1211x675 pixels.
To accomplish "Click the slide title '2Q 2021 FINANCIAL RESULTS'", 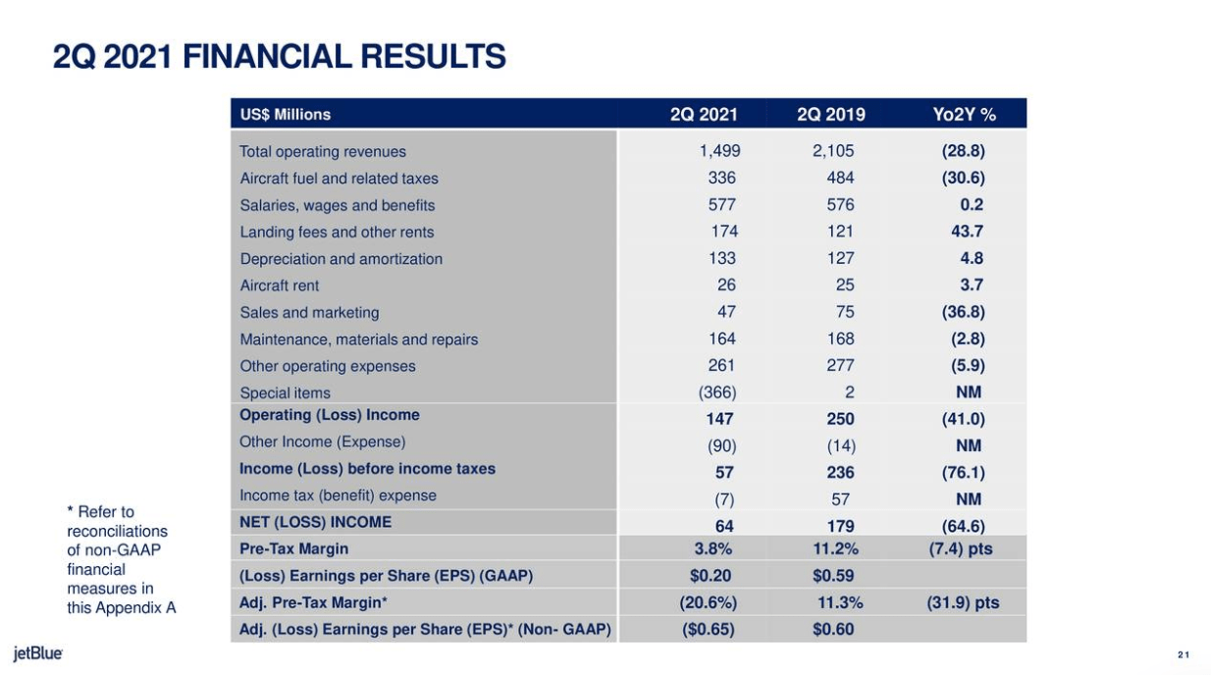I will pos(280,58).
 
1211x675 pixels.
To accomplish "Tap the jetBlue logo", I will pos(38,653).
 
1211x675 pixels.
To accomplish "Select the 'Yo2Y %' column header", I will pos(964,115).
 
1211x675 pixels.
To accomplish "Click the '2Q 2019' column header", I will pos(831,115).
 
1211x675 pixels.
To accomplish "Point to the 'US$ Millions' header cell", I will pos(286,115).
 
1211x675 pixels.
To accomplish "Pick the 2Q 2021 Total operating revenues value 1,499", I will pos(719,152).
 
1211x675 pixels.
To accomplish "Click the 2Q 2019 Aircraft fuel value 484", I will pos(840,179).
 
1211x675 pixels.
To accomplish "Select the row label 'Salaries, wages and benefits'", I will pos(337,206).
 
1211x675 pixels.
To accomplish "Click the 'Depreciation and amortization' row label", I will pos(341,259).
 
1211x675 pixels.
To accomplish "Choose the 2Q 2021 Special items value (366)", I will pos(717,392).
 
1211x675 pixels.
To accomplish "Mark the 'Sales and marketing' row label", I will pos(309,313).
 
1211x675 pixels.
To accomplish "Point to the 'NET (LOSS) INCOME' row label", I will pos(315,522).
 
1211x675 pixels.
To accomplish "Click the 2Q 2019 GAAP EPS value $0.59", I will pos(834,576).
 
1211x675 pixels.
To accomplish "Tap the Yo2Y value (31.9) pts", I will pos(963,602).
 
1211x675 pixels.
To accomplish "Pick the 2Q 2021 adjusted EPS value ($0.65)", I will pos(709,629).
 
